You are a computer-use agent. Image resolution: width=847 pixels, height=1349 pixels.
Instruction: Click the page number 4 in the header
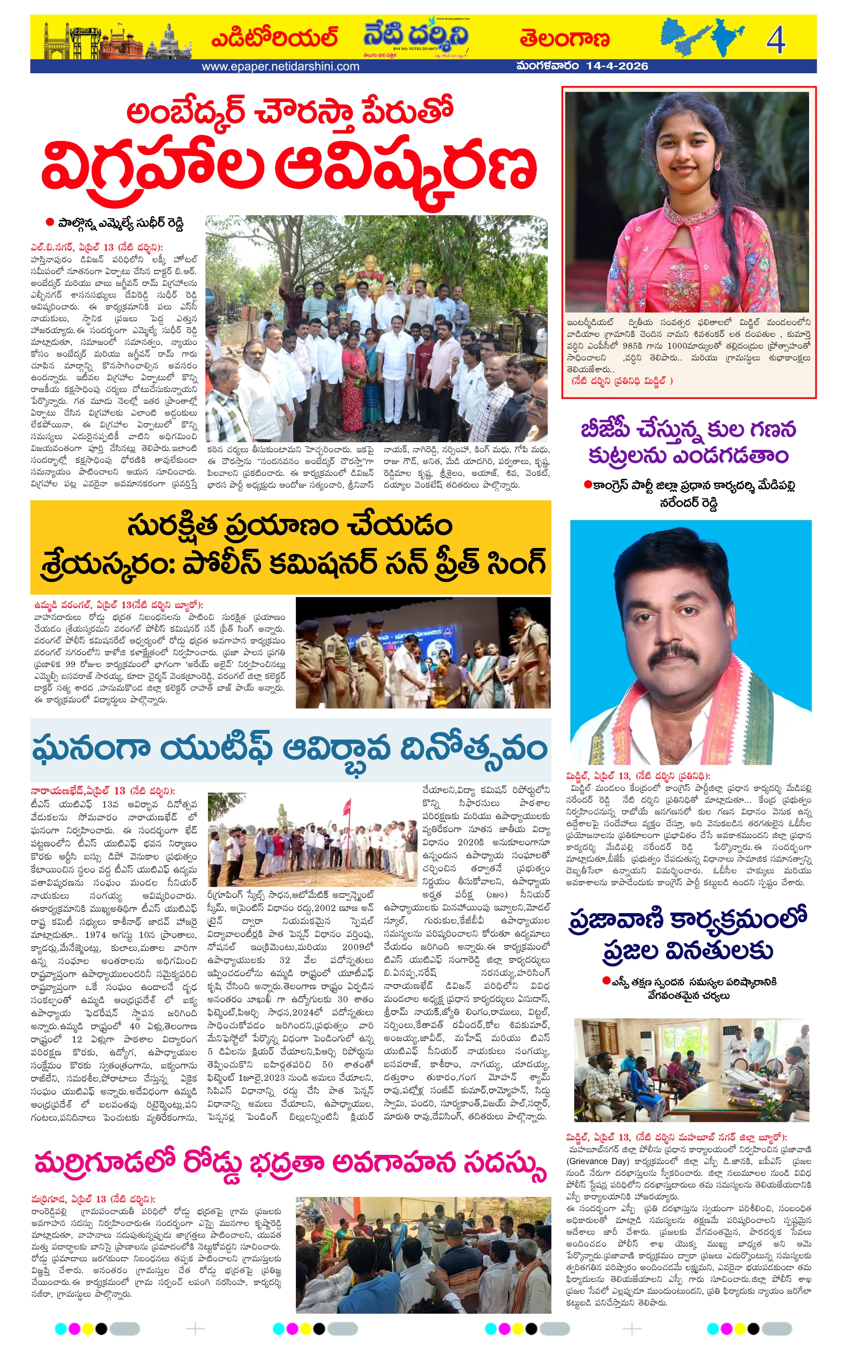775,39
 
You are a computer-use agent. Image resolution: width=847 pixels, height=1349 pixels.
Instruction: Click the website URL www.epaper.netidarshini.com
280,67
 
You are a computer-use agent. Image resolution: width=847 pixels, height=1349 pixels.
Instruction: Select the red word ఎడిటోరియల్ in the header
274,38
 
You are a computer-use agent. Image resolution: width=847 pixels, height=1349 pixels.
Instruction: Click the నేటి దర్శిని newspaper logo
416,36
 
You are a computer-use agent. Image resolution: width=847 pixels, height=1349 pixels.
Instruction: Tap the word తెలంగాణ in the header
564,39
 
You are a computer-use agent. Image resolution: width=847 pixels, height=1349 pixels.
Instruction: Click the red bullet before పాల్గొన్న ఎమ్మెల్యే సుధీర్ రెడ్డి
49,222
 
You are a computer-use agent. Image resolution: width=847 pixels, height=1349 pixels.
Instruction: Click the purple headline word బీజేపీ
609,430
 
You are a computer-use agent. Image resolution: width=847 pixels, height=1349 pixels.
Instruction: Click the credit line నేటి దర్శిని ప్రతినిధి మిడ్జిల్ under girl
622,381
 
